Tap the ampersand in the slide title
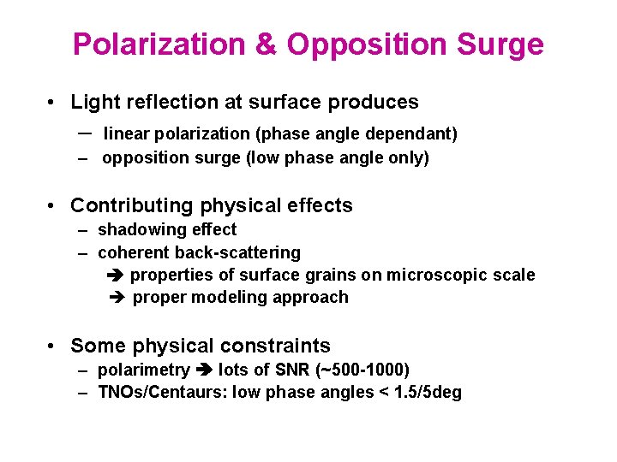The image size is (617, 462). (267, 44)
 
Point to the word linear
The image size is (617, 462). (129, 134)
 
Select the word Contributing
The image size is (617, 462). (132, 206)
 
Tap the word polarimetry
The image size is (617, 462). (143, 370)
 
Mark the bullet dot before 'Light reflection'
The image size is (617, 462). (53, 103)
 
